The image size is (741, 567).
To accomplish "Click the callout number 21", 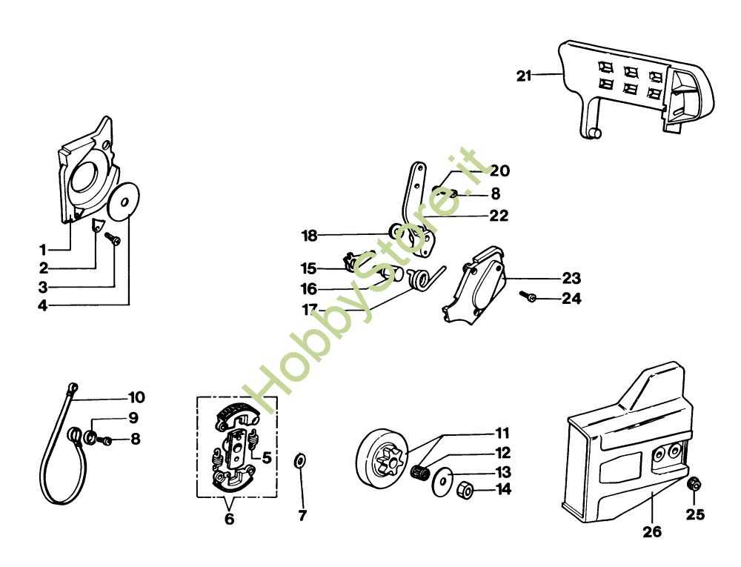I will [524, 75].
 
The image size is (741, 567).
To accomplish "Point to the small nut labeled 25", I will [694, 484].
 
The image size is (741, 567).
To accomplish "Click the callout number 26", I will [653, 531].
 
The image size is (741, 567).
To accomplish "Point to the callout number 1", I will [43, 249].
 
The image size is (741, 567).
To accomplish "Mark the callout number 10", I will [136, 397].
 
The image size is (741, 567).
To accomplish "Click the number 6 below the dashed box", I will [229, 519].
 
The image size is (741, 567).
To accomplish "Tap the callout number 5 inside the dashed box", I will [265, 458].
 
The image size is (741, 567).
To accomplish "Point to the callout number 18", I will [309, 236].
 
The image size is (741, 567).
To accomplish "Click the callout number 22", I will [499, 216].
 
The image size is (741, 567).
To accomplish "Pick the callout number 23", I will [571, 279].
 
